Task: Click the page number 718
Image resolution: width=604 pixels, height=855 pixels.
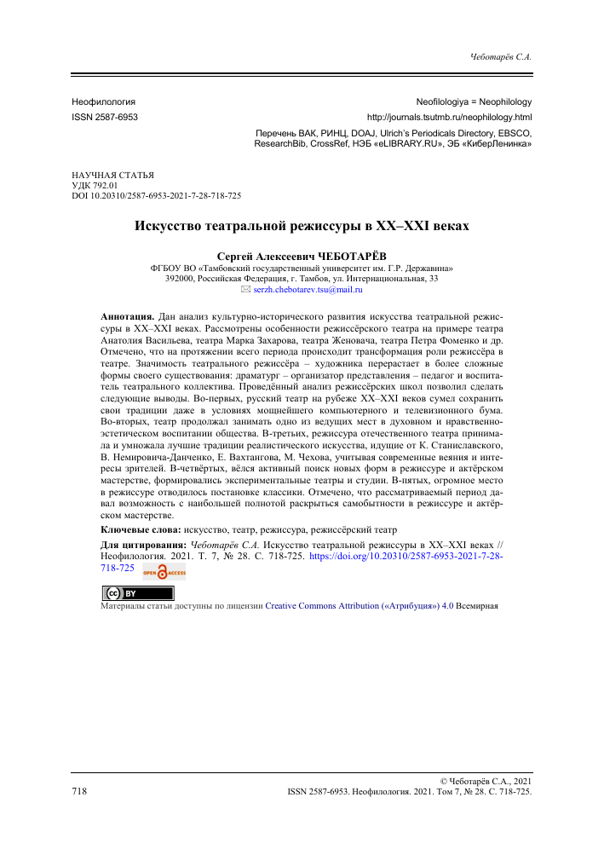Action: pyautogui.click(x=79, y=791)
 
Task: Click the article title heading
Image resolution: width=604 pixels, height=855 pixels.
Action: pyautogui.click(x=302, y=227)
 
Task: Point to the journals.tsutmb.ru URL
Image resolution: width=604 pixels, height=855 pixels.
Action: pyautogui.click(x=449, y=116)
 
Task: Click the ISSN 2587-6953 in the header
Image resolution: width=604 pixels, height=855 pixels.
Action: pyautogui.click(x=105, y=116)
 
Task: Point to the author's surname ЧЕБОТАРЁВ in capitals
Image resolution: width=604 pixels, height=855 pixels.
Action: pyautogui.click(x=354, y=255)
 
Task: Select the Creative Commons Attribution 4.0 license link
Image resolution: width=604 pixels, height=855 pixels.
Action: pyautogui.click(x=356, y=607)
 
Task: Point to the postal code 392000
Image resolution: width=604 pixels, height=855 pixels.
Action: pyautogui.click(x=179, y=278)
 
